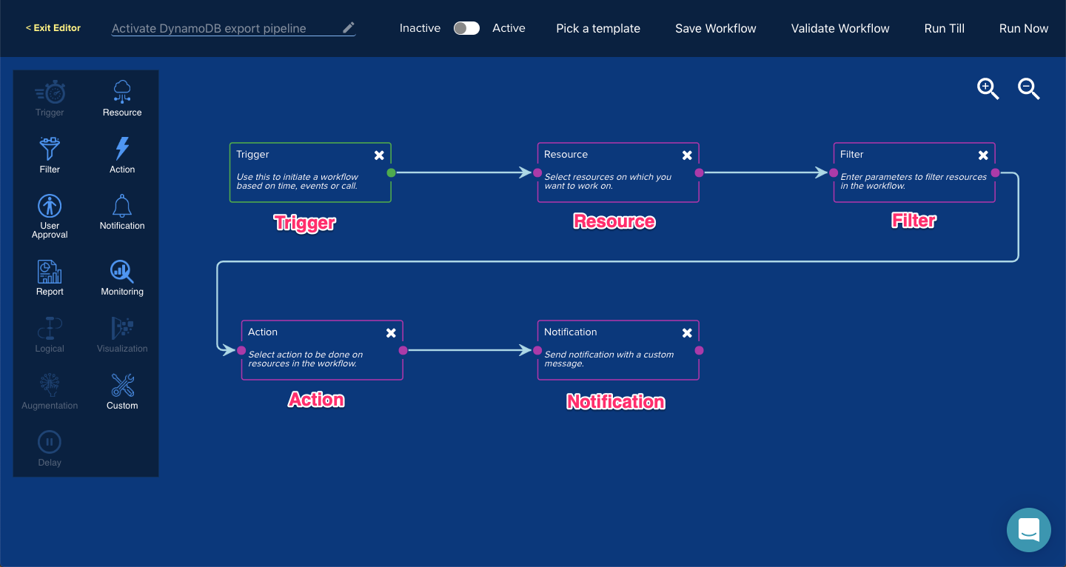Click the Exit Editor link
point(53,28)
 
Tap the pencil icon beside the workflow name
point(349,27)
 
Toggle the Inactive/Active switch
point(466,28)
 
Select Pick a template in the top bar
point(597,29)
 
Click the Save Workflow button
point(715,29)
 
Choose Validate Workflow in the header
point(840,29)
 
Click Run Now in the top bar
point(1023,29)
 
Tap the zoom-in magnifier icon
point(988,89)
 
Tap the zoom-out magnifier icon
point(1028,89)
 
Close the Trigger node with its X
point(379,155)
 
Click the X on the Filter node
point(983,155)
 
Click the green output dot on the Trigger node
point(391,172)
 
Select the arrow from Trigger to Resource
point(464,172)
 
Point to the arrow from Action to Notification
point(469,350)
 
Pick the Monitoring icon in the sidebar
point(122,271)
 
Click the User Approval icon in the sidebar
point(50,206)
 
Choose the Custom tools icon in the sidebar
point(122,385)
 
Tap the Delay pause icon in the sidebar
point(50,442)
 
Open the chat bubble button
point(1028,530)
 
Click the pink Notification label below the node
point(615,402)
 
